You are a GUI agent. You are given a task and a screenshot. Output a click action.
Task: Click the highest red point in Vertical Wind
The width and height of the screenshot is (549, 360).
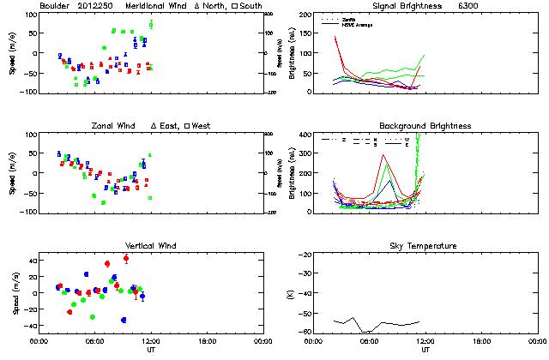(126, 258)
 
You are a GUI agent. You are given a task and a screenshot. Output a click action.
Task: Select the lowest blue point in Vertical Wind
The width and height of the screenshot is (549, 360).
(124, 320)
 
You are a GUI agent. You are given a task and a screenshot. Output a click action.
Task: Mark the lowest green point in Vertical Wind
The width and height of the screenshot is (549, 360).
(92, 317)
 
